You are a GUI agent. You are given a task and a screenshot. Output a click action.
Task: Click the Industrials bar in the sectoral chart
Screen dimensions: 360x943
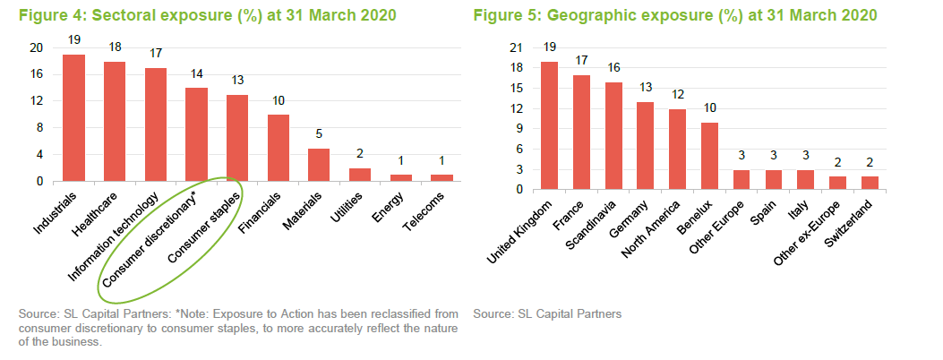point(73,117)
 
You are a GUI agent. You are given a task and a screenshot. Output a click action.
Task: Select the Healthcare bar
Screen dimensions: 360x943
point(115,121)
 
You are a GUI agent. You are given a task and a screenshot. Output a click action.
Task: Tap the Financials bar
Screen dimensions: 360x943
point(279,148)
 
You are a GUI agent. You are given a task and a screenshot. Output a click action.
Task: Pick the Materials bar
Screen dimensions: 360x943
point(319,164)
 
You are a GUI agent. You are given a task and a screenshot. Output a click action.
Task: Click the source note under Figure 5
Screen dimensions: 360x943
point(547,314)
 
